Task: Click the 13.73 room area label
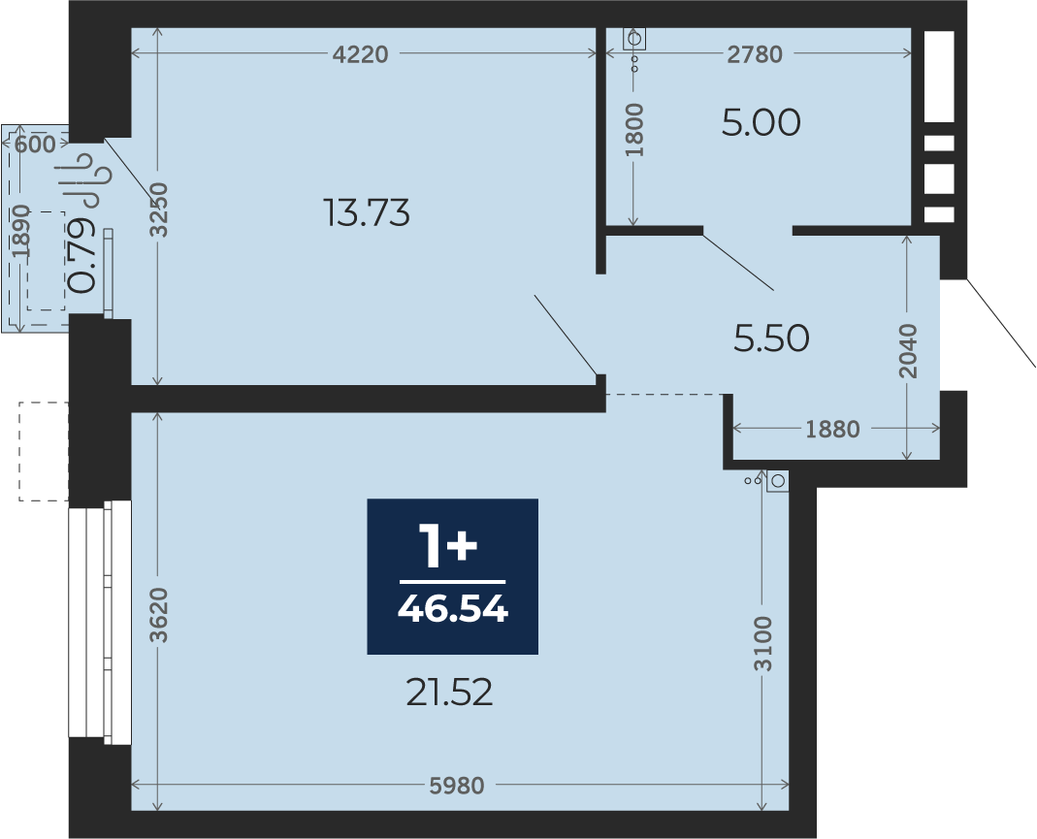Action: point(369,212)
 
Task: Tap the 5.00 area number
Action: point(761,123)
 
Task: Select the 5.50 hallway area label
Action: point(771,339)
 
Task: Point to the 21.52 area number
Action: point(449,693)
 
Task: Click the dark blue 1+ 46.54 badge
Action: point(452,576)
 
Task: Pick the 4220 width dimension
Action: point(361,54)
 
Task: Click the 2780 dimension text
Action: point(755,54)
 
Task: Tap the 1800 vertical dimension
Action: point(633,130)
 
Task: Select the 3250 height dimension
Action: point(159,210)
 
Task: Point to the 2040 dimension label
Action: point(909,350)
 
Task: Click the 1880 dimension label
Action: point(832,429)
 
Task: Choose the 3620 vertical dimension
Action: point(159,616)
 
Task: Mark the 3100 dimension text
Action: point(763,643)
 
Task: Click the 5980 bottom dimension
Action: point(457,786)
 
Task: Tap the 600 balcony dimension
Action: point(35,145)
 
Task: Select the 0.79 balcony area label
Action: point(82,255)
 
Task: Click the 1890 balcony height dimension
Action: point(20,232)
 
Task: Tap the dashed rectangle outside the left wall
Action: point(44,451)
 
